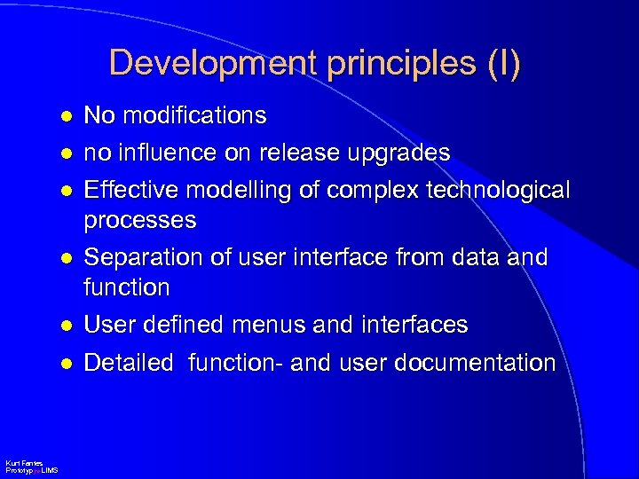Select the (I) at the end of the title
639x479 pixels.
point(501,64)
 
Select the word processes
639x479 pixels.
point(139,220)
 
